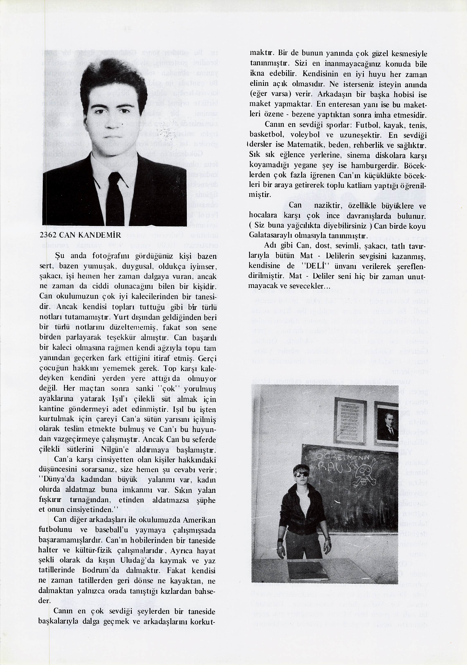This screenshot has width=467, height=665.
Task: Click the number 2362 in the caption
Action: point(48,235)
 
